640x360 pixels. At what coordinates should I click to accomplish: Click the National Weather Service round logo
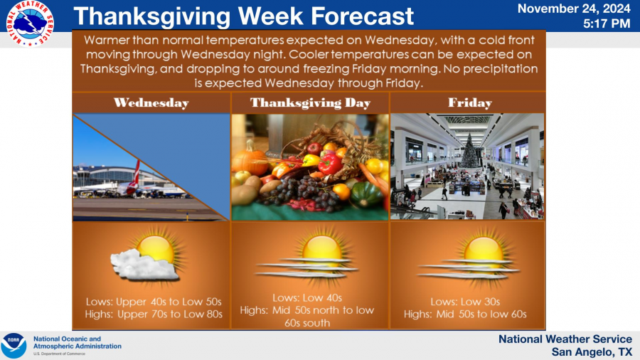tap(30, 23)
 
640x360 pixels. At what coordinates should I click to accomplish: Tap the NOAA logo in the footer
tap(14, 345)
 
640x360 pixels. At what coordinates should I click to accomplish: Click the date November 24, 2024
tap(574, 9)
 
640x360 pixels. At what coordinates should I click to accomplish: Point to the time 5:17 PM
tap(607, 23)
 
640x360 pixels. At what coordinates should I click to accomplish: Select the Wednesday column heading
tap(151, 103)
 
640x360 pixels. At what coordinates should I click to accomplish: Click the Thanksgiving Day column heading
tap(310, 103)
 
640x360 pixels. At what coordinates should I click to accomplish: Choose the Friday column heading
tap(470, 102)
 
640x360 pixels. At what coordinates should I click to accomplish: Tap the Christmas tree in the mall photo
tap(470, 151)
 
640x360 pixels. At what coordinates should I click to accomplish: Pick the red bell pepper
tap(330, 163)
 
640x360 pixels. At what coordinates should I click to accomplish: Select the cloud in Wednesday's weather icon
tap(144, 265)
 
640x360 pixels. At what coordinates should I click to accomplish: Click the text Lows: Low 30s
tap(465, 302)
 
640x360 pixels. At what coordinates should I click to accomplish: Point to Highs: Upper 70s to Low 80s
tap(154, 314)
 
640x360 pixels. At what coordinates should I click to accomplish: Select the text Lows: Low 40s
tap(307, 298)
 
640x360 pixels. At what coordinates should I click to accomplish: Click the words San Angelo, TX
tap(592, 352)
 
